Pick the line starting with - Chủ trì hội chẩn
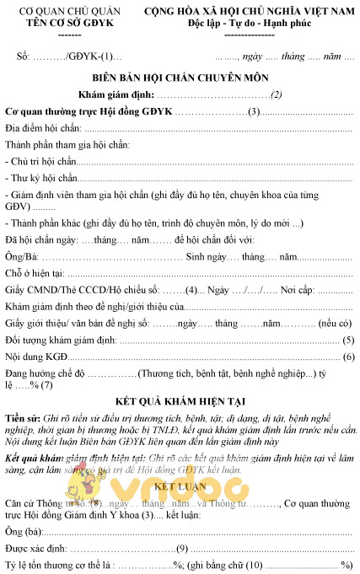pyautogui.click(x=40, y=160)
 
